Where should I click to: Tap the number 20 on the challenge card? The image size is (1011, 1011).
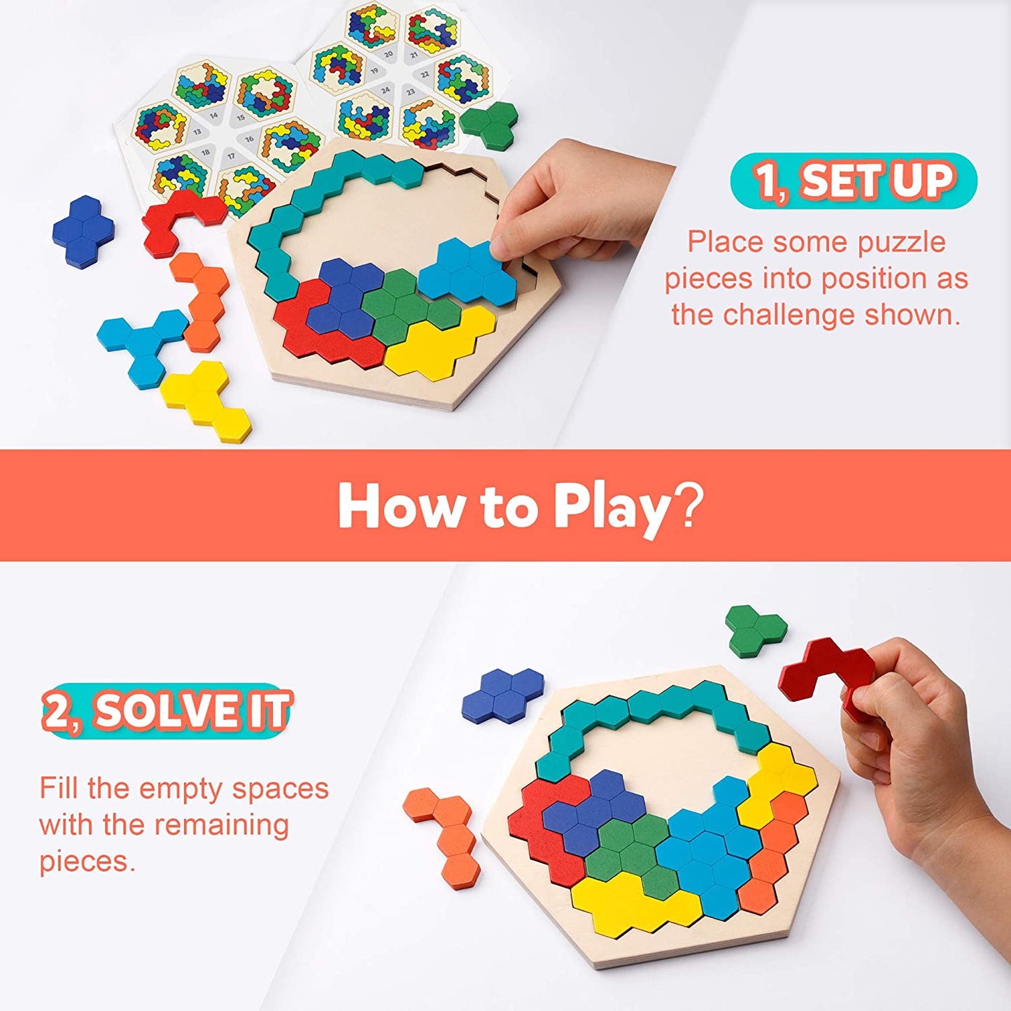(388, 54)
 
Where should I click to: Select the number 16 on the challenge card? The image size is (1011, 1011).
(249, 139)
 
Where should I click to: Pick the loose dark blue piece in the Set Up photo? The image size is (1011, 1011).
(83, 230)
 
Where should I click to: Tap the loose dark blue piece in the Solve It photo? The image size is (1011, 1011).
(502, 693)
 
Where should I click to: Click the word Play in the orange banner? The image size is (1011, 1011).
(613, 507)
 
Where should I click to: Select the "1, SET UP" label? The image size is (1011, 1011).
(854, 181)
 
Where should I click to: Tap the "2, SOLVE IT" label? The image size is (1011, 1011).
(167, 711)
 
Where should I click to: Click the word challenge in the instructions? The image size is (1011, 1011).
(790, 315)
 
